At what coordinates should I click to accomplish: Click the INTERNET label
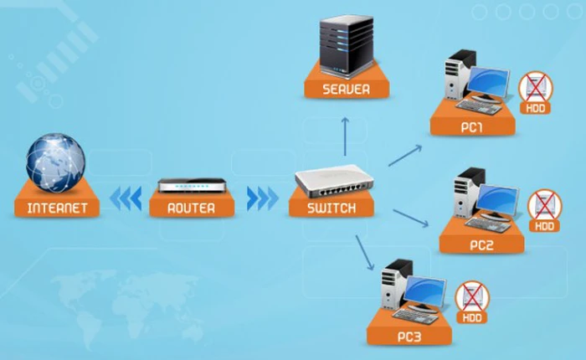57,208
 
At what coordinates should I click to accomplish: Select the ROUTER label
191,208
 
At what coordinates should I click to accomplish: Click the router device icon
193,185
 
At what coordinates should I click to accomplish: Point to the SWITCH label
331,208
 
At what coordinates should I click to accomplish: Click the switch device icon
331,181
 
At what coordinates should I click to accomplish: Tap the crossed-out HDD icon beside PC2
545,208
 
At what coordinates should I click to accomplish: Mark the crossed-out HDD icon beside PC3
473,299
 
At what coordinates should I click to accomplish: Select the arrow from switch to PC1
405,154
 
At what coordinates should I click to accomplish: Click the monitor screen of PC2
500,200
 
